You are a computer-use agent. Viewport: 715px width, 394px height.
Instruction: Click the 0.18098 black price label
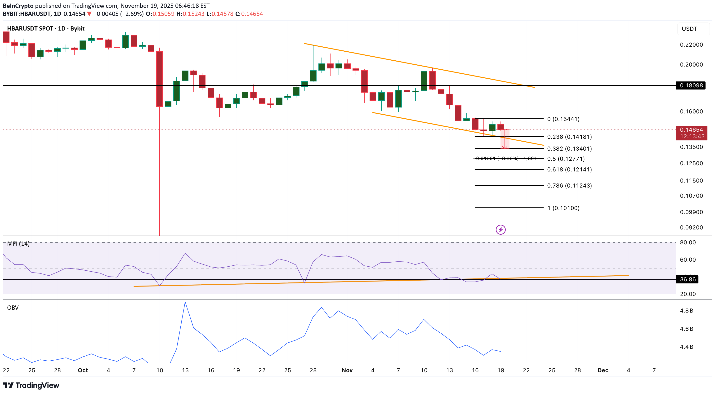(x=691, y=85)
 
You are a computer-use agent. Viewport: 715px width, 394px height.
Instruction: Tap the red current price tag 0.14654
(x=691, y=130)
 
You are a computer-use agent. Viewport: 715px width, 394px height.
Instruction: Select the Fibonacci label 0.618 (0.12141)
(x=569, y=169)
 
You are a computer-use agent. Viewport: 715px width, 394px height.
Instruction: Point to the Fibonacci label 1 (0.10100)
(x=563, y=208)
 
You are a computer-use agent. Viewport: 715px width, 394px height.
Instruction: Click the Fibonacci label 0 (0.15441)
(x=563, y=119)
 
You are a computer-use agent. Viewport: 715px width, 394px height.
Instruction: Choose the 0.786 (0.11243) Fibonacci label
(x=569, y=185)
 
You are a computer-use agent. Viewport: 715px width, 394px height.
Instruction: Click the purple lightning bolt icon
(x=500, y=230)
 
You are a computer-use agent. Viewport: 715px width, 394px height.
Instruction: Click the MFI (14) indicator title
(x=18, y=244)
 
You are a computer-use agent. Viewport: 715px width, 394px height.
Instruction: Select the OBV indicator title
(x=13, y=308)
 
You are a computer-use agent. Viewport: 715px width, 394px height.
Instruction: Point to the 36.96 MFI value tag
(x=688, y=279)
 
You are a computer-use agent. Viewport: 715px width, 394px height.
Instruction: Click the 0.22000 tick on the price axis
(x=691, y=45)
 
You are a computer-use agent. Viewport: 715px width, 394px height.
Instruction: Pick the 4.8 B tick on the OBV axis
(x=686, y=311)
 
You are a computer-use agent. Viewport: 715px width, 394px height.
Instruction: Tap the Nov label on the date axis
(x=347, y=370)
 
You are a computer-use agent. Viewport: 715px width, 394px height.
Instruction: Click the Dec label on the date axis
(x=603, y=370)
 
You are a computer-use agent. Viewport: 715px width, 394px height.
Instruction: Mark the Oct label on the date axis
(x=83, y=370)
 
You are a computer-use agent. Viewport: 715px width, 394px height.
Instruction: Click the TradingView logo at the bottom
(x=31, y=385)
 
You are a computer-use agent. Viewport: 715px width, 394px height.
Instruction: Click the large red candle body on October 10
(x=160, y=79)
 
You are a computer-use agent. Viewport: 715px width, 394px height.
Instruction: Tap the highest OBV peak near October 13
(x=185, y=303)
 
